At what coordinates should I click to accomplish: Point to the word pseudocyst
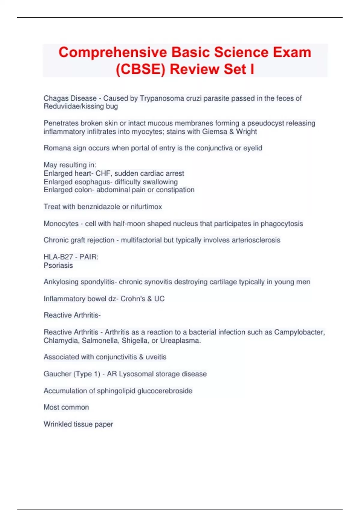(265, 123)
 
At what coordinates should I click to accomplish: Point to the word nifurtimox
(146, 207)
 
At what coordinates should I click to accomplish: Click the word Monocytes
(61, 224)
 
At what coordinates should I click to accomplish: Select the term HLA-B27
(58, 257)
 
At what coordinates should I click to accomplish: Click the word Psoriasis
(58, 265)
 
